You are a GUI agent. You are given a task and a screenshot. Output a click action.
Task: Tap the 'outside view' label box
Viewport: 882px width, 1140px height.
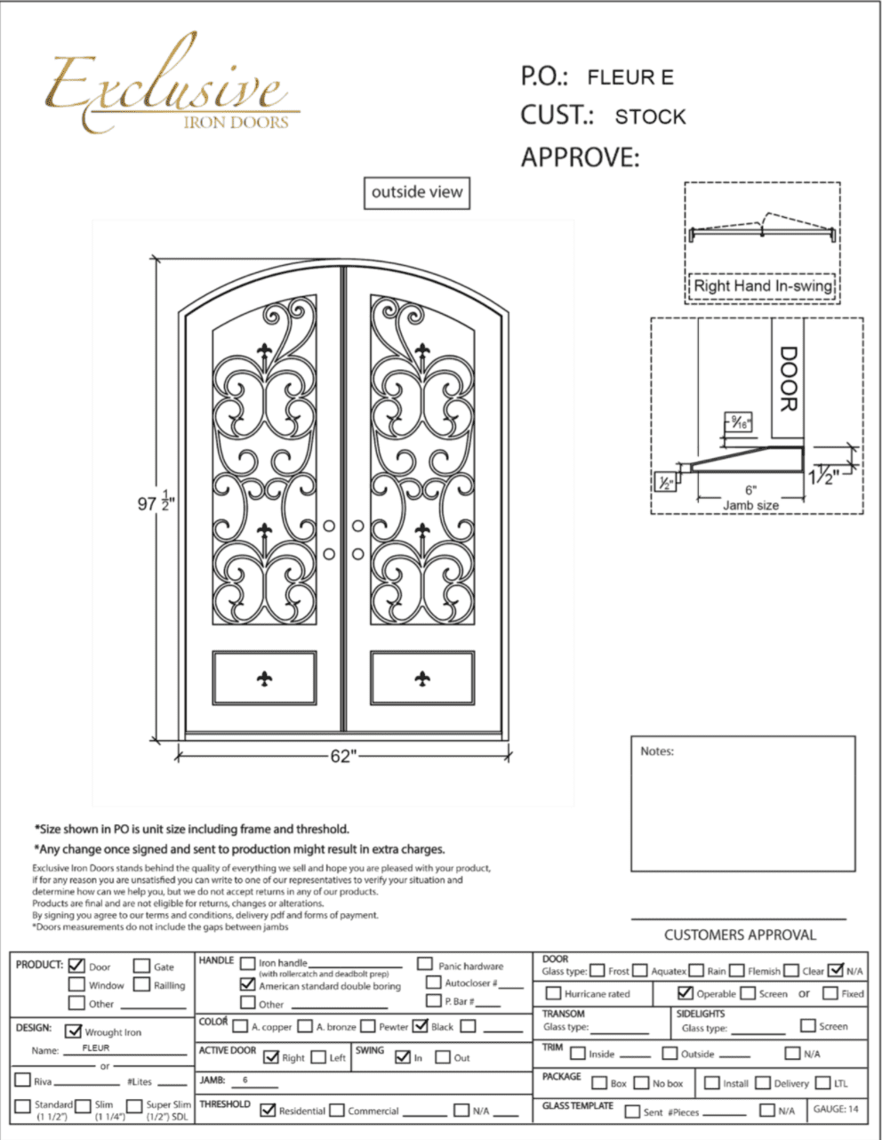coord(417,192)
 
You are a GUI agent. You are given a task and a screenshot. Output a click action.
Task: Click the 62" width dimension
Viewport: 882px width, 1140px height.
coord(342,756)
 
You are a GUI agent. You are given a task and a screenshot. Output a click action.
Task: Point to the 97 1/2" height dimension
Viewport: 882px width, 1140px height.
coord(155,503)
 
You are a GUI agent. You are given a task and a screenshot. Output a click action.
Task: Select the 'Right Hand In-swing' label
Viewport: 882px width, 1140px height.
coord(763,286)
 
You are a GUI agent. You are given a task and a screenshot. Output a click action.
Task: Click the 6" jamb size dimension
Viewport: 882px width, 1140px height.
coord(750,490)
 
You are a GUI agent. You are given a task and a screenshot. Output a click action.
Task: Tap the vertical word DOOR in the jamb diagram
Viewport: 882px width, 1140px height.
coord(788,379)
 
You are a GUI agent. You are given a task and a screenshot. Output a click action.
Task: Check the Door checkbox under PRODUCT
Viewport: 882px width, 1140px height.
coord(76,966)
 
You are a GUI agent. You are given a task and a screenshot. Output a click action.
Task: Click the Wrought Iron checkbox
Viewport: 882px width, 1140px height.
coord(74,1032)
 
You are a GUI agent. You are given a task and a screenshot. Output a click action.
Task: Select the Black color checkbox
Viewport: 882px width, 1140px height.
coord(421,1026)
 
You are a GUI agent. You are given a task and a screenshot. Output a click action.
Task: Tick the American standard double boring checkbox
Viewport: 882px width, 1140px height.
coord(248,984)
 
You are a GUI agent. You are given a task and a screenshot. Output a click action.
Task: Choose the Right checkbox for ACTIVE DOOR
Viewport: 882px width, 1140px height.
coord(271,1057)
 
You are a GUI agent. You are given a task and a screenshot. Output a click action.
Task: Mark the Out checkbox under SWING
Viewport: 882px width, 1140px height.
coord(443,1057)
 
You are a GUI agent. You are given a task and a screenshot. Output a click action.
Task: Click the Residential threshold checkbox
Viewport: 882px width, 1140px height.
coord(268,1110)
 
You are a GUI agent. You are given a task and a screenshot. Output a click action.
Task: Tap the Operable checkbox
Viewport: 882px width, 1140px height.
coord(685,992)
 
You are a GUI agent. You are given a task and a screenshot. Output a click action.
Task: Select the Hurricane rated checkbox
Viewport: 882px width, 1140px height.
coord(553,993)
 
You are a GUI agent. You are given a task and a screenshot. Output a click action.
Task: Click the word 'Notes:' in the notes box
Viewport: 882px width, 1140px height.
coord(657,751)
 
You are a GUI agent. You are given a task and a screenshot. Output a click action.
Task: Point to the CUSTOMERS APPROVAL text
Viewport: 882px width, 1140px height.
coord(740,935)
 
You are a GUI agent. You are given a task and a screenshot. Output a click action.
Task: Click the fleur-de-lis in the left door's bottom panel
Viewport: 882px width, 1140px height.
coord(264,678)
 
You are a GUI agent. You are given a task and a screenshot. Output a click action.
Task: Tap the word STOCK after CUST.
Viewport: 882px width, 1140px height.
coord(650,116)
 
